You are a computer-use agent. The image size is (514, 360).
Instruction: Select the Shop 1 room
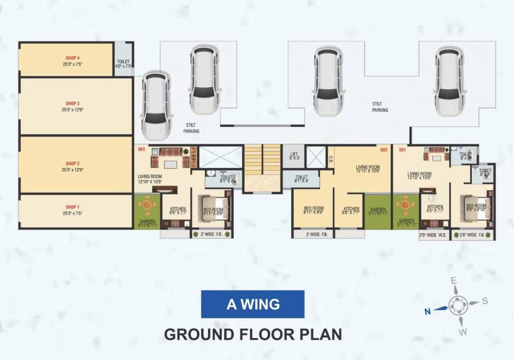pos(75,211)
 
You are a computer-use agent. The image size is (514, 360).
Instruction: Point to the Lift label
pos(294,154)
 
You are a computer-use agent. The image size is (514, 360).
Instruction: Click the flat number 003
pos(142,150)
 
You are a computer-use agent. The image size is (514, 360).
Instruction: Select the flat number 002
pos(384,150)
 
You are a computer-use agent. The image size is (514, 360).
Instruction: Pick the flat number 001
pos(402,150)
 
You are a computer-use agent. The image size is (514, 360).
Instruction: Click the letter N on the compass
pos(427,310)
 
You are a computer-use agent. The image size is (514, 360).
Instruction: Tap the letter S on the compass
pos(485,300)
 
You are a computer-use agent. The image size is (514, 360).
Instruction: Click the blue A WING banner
pos(253,304)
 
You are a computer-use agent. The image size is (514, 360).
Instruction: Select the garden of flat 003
pos(147,211)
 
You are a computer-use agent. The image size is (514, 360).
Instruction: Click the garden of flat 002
pos(378,211)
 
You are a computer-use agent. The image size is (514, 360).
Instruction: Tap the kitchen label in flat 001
pos(435,207)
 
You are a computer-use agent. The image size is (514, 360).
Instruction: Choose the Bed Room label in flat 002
pos(313,209)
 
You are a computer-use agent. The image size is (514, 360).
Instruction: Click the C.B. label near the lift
pos(331,159)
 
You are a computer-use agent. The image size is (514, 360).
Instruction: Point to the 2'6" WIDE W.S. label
pos(434,235)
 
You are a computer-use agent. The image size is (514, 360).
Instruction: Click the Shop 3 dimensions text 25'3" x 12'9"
pos(73,110)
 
